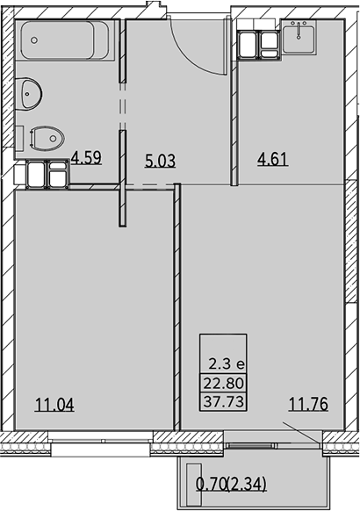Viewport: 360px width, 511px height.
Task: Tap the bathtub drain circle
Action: click(34, 40)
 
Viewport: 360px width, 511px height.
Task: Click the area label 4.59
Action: click(86, 157)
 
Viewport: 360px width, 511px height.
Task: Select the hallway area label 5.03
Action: click(161, 161)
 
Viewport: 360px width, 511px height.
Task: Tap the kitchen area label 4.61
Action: click(273, 160)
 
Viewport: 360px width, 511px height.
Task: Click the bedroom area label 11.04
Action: click(54, 405)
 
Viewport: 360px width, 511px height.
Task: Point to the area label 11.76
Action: click(308, 404)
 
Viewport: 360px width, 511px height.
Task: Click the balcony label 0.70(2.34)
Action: click(231, 484)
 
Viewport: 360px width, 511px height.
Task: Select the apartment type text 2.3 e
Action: click(227, 364)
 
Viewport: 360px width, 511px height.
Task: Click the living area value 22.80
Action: click(224, 383)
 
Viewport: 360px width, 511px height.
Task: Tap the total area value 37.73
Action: click(224, 401)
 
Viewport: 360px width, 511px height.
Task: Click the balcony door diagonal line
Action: click(301, 433)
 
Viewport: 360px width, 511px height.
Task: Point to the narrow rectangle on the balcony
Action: click(194, 485)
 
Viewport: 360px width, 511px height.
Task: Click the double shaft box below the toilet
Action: click(47, 174)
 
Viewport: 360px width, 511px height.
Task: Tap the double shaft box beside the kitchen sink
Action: click(259, 45)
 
